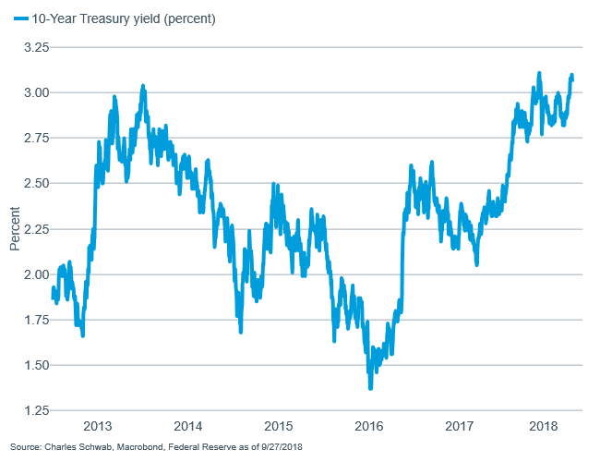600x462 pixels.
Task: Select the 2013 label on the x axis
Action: pos(98,426)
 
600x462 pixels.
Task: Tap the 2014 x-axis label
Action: pos(188,426)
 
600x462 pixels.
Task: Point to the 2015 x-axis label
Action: pos(279,426)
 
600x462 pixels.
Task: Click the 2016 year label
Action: pos(369,426)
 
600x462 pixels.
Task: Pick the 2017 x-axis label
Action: pos(460,426)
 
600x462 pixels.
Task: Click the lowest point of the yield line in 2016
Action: pos(371,387)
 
